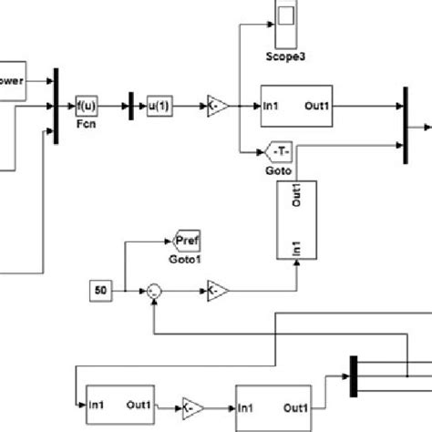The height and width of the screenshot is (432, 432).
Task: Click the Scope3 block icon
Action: pyautogui.click(x=287, y=18)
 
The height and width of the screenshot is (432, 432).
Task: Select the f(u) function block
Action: pyautogui.click(x=87, y=106)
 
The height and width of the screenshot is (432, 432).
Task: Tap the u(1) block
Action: pyautogui.click(x=159, y=107)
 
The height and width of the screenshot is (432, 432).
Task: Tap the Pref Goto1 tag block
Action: pyautogui.click(x=186, y=242)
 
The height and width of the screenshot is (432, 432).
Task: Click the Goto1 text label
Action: pyautogui.click(x=186, y=258)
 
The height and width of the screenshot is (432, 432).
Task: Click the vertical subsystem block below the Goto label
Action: pyautogui.click(x=296, y=219)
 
